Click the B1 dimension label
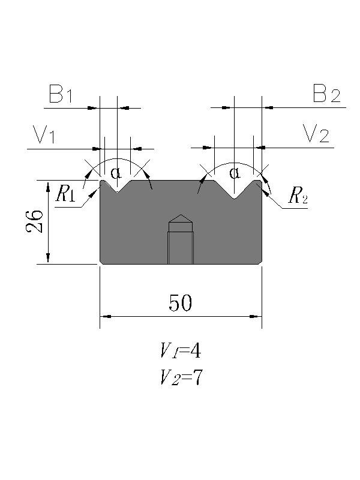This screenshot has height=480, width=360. [x=61, y=95]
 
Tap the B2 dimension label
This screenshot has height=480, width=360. [x=326, y=95]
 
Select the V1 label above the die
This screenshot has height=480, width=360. [x=44, y=135]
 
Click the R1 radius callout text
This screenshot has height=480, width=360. [x=65, y=194]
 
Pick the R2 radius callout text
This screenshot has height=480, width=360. [x=298, y=196]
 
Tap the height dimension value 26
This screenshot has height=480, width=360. [x=35, y=221]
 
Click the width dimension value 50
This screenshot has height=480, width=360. [x=180, y=304]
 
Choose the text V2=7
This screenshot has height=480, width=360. [x=180, y=377]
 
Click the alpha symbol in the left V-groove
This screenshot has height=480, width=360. [x=116, y=174]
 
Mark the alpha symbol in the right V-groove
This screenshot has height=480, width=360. [x=234, y=174]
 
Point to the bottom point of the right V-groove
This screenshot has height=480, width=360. [x=234, y=199]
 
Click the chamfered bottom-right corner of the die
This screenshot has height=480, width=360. [x=260, y=262]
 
